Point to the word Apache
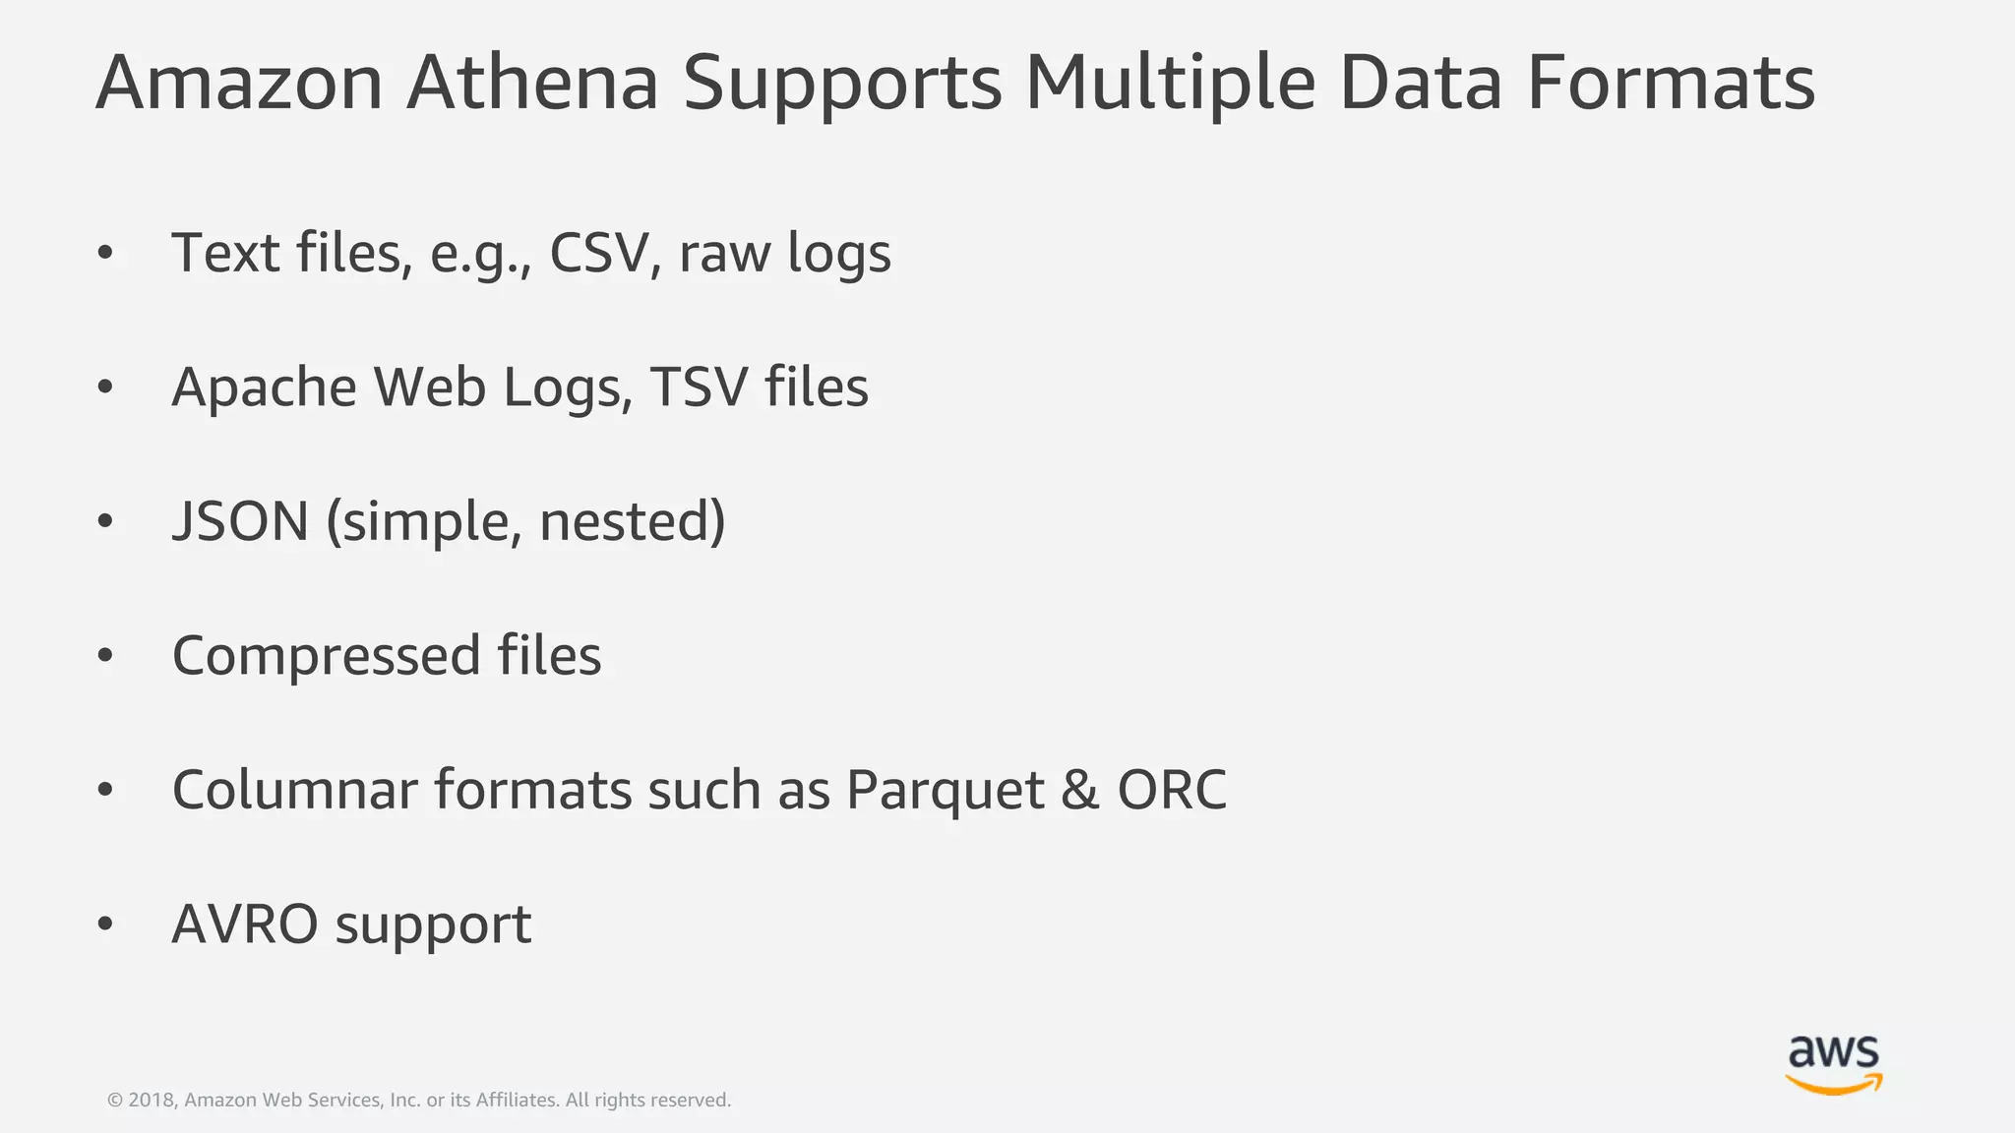click(x=264, y=388)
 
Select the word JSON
click(x=241, y=521)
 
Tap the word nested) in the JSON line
click(x=632, y=521)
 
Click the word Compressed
click(x=326, y=656)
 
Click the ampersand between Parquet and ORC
click(x=1079, y=790)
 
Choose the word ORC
click(x=1172, y=790)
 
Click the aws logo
click(x=1833, y=1064)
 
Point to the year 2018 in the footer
click(x=151, y=1101)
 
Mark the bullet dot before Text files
click(x=105, y=254)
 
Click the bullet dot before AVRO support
click(x=105, y=924)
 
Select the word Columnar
click(x=294, y=790)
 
